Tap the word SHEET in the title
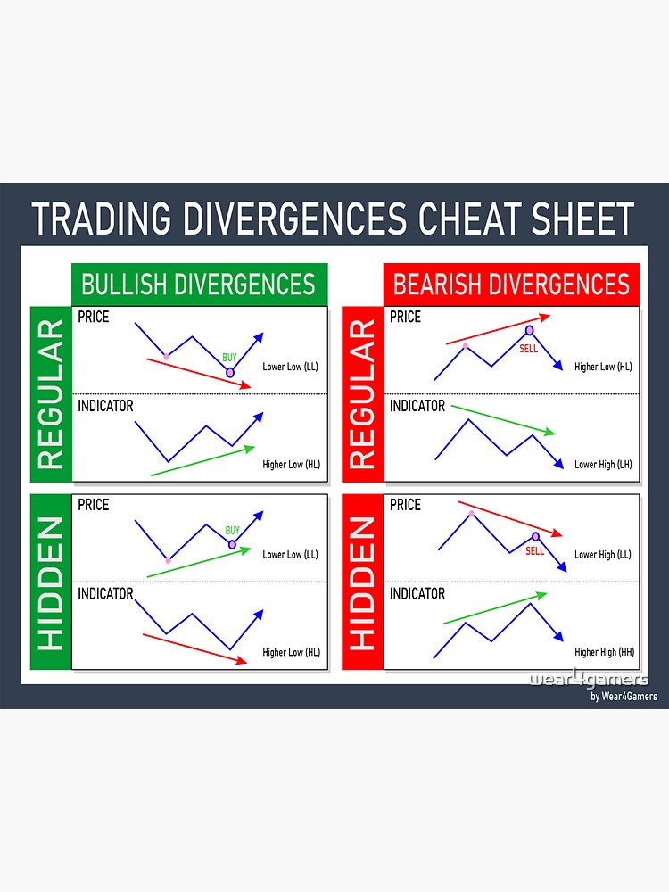[582, 219]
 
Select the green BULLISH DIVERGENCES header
[199, 285]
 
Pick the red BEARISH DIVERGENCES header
[511, 285]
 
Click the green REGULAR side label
[51, 393]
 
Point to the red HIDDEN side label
[362, 582]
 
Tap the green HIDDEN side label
[51, 582]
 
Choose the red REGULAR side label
[362, 393]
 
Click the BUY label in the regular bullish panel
[229, 358]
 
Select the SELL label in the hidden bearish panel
[534, 550]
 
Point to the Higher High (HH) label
[604, 652]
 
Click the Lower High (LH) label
[603, 464]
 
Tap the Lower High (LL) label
[603, 554]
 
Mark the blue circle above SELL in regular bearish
[530, 330]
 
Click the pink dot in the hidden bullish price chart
[168, 561]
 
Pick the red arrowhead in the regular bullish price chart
[245, 385]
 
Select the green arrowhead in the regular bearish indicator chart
[549, 432]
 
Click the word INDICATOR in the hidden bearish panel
[417, 594]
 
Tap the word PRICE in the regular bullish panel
[94, 317]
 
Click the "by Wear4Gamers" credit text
[624, 697]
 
